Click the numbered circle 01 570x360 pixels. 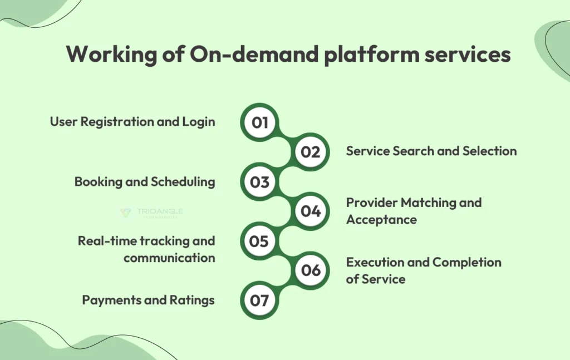click(x=259, y=122)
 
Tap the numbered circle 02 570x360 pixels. click(x=311, y=151)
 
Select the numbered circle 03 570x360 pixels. click(x=259, y=181)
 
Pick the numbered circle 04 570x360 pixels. click(x=311, y=211)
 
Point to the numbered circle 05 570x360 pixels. click(x=259, y=241)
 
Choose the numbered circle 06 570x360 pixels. click(x=311, y=270)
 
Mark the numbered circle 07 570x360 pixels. click(x=259, y=300)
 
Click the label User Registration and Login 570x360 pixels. click(x=132, y=122)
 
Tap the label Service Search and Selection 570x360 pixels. click(x=431, y=151)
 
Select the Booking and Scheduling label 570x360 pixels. click(x=145, y=181)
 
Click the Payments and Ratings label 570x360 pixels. click(x=148, y=300)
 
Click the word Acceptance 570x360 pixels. click(x=381, y=219)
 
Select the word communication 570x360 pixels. click(x=169, y=258)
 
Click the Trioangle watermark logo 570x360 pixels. click(x=151, y=213)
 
